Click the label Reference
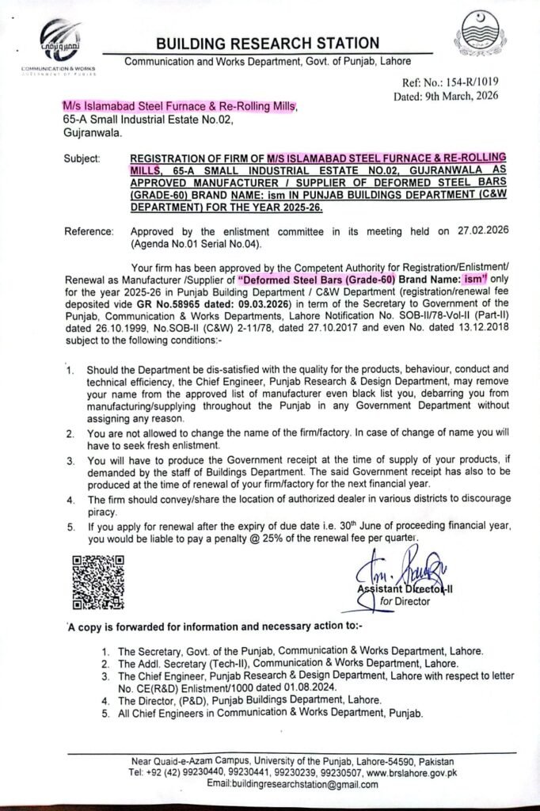pyautogui.click(x=89, y=230)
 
